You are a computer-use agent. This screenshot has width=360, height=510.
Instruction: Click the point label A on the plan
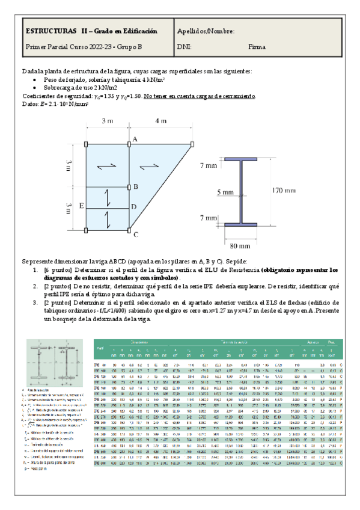pos(135,139)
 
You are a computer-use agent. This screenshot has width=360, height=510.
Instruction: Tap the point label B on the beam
pos(136,187)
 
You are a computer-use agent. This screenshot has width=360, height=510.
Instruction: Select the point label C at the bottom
pos(136,235)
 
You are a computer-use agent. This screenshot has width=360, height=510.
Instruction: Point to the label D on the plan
pos(133,207)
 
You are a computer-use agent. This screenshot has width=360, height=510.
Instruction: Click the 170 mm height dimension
pos(283,191)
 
